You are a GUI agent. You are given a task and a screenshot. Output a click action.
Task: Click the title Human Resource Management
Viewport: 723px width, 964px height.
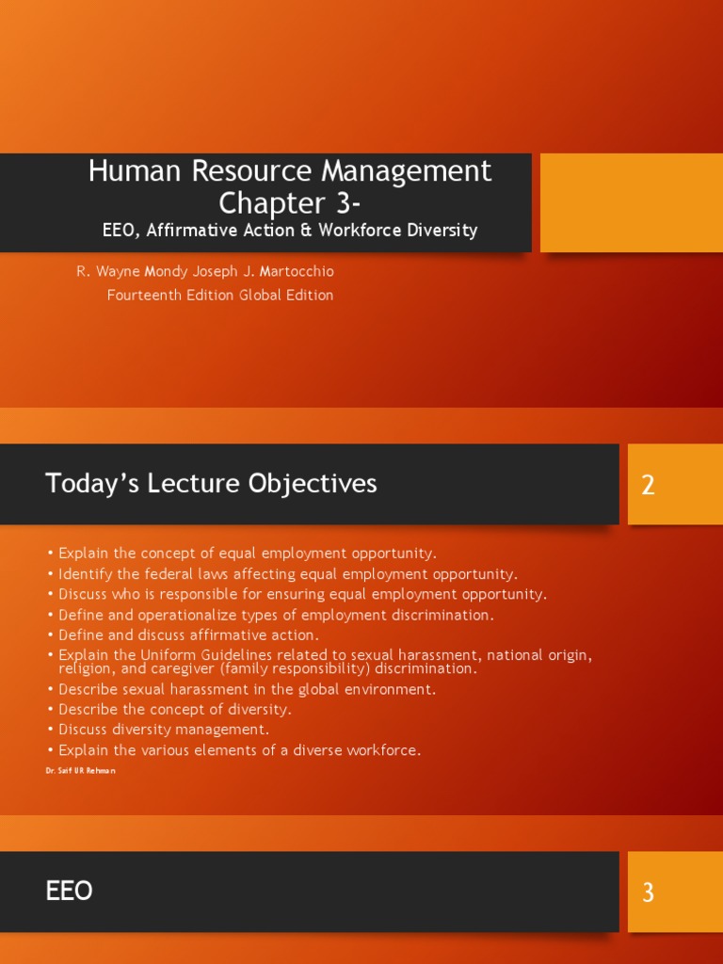point(289,171)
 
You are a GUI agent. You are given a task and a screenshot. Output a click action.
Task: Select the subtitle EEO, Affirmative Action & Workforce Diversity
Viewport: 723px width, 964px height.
point(289,230)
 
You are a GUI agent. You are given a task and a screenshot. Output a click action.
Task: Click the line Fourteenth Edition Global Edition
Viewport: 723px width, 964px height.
point(220,295)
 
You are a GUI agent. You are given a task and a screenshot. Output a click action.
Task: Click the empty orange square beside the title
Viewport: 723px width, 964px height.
point(631,202)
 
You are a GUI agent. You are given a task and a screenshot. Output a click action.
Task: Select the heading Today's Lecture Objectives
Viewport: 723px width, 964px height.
point(211,484)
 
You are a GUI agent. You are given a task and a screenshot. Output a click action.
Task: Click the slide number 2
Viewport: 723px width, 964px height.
point(648,486)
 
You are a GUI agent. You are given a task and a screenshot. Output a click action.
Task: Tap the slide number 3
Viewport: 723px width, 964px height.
point(648,892)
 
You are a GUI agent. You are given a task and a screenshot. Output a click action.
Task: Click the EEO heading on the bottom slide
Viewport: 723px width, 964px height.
point(69,892)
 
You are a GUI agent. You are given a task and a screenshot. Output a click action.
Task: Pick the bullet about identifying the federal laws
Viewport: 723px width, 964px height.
point(287,574)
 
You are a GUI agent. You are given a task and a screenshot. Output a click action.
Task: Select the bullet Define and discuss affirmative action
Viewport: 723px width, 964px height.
point(188,635)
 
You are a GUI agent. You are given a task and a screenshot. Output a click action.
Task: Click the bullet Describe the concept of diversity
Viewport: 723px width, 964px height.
point(174,709)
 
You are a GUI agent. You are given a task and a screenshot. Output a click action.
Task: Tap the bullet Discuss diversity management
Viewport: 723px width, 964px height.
point(163,730)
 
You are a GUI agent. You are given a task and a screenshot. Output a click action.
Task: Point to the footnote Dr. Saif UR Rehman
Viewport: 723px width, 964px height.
point(80,770)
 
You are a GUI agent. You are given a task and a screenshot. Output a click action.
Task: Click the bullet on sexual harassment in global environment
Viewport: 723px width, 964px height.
point(247,689)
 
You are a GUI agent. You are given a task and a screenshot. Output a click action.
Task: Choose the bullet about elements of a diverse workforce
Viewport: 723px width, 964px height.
point(239,750)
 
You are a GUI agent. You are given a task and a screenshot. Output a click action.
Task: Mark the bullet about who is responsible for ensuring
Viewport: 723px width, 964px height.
point(301,594)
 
